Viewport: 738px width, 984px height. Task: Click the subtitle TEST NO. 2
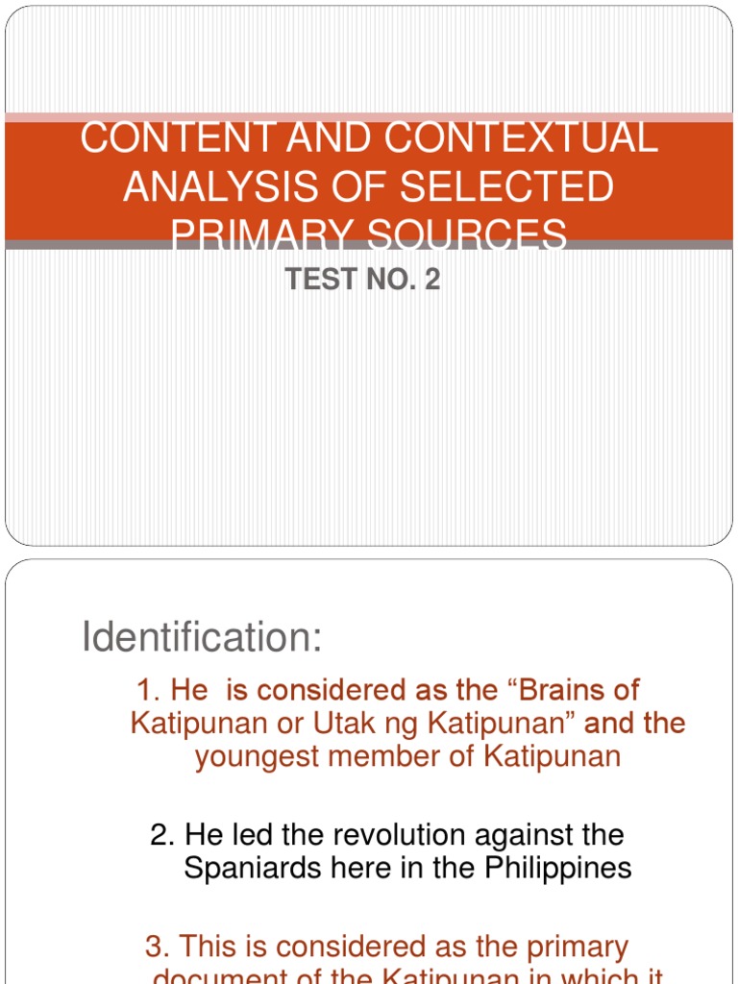[x=363, y=280]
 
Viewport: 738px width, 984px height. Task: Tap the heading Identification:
[x=202, y=637]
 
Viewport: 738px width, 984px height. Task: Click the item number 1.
[x=147, y=690]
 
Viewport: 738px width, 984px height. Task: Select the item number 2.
[x=161, y=834]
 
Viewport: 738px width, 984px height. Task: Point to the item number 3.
[x=156, y=947]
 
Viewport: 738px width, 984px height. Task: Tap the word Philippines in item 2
[x=558, y=868]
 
